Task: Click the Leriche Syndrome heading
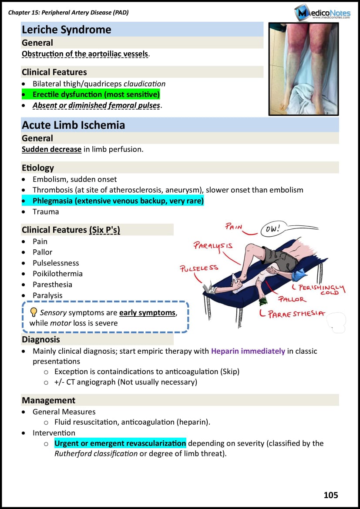point(67,30)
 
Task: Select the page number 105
point(331,495)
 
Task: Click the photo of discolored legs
point(303,69)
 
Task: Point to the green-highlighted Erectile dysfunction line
point(96,94)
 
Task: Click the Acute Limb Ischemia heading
point(74,125)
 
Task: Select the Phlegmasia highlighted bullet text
point(118,201)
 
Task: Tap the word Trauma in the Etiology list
point(46,212)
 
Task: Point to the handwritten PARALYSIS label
point(213,245)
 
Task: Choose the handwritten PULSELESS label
point(199,268)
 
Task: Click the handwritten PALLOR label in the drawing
point(292,299)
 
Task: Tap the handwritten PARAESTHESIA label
point(297,314)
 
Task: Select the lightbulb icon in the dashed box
point(34,312)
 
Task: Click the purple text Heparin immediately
point(248,351)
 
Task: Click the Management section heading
point(49,400)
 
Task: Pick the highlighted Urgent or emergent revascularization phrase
point(120,443)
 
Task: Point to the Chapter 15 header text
point(68,13)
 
